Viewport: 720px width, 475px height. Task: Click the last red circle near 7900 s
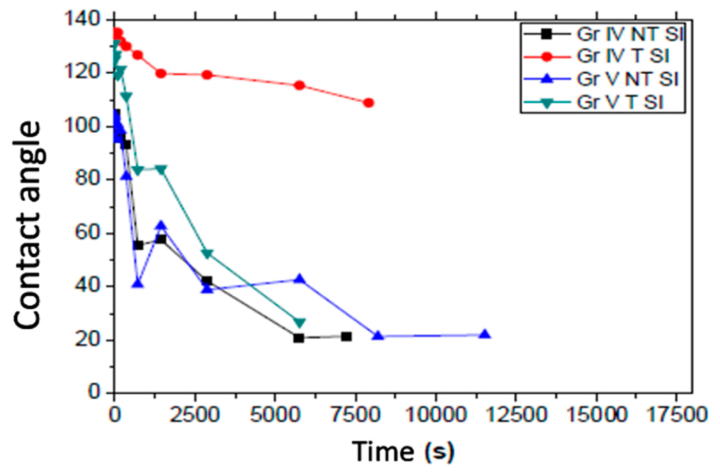pos(369,102)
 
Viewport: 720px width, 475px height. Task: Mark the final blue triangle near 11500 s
pos(485,334)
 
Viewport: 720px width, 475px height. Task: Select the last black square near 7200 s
pos(346,337)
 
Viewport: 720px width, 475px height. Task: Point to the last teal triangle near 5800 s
pos(300,322)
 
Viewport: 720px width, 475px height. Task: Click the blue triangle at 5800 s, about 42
pos(299,279)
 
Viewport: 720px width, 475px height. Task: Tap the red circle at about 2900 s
pos(207,75)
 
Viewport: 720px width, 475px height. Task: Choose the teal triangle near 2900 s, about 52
pos(207,254)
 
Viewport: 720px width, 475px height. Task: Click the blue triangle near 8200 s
pos(378,335)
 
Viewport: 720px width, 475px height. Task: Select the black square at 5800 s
pos(299,338)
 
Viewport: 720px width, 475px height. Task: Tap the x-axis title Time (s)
pos(403,451)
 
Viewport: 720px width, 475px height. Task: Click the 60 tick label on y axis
pos(88,233)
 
